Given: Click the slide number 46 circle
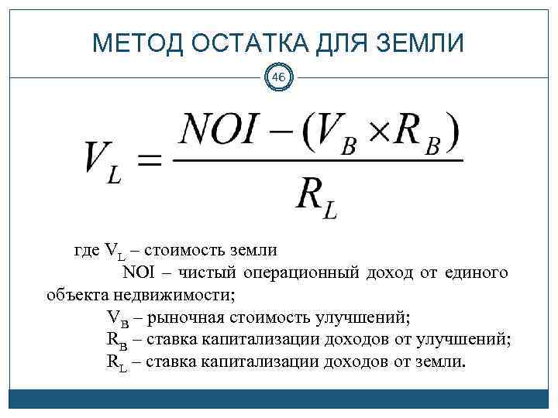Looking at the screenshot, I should pos(279,77).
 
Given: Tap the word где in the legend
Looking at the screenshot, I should pos(86,250).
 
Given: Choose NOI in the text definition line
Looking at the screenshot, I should pos(139,272).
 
